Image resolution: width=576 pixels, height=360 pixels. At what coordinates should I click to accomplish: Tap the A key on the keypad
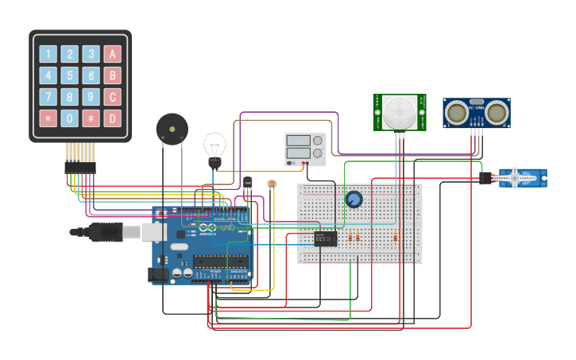113,54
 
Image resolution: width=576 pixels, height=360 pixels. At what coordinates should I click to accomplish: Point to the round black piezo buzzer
172,128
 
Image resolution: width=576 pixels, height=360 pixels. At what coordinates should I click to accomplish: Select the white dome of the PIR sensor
400,112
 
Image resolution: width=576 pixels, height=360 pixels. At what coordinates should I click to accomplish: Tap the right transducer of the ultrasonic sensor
497,113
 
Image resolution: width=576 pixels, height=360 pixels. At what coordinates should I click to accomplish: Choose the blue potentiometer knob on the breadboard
354,199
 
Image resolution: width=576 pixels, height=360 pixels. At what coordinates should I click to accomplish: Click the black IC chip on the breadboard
325,237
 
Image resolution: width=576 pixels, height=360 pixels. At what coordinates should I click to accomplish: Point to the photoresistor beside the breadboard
272,184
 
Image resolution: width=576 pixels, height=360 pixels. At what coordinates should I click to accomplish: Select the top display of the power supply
298,141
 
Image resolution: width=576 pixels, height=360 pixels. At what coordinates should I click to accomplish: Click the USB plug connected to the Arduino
111,232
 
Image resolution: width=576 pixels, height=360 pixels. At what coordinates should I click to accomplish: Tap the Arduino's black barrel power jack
158,274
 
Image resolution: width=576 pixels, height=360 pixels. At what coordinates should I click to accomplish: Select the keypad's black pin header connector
79,168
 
